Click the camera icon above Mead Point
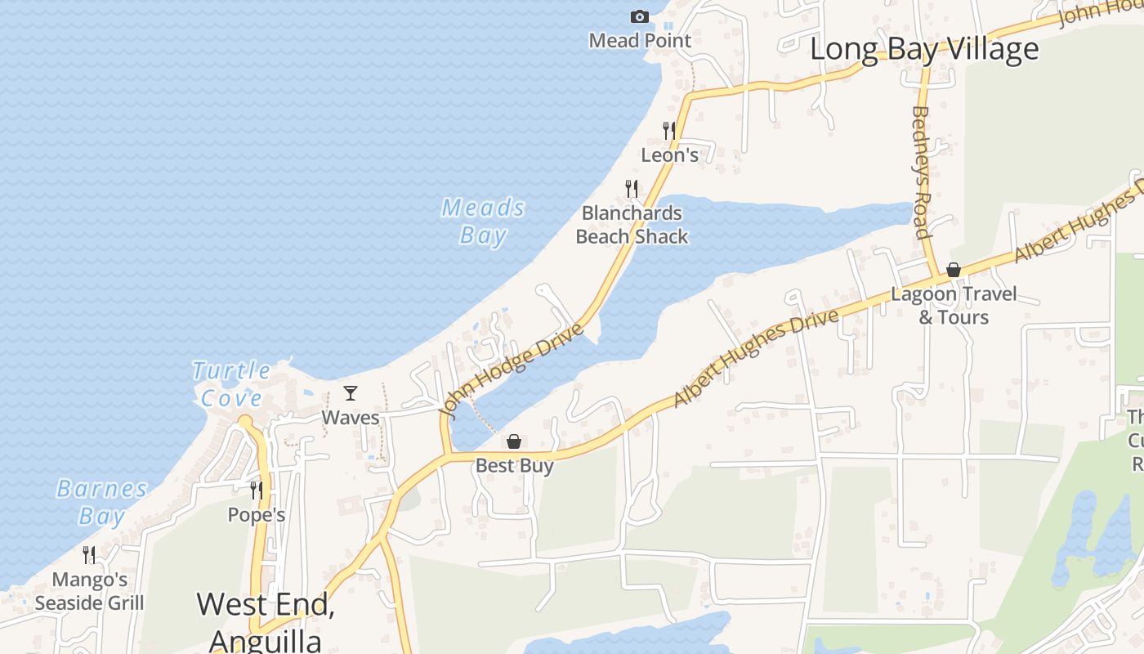[x=640, y=16]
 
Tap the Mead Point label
[x=640, y=40]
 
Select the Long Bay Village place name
[x=924, y=49]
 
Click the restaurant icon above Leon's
[x=669, y=130]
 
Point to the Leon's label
[x=670, y=155]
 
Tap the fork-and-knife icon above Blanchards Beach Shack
[x=632, y=189]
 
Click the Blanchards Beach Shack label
[x=632, y=225]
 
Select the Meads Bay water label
[x=483, y=222]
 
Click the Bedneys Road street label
[x=921, y=172]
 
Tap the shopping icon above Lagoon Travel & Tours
[x=954, y=270]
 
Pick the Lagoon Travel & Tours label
[x=954, y=305]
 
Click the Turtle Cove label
[x=231, y=384]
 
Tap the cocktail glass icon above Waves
[x=351, y=393]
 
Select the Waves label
[x=351, y=418]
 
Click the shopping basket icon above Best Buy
[x=514, y=441]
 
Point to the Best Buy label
[x=515, y=466]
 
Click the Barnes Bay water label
[x=102, y=503]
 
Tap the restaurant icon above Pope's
[x=257, y=490]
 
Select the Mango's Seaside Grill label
[x=90, y=591]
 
